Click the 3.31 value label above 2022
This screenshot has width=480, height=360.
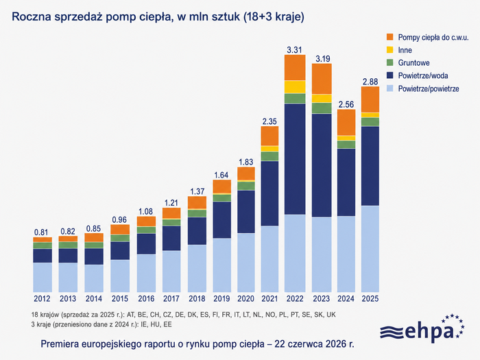[x=294, y=49]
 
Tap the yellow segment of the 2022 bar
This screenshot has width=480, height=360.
[x=295, y=87]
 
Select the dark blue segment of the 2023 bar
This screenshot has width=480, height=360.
[x=322, y=165]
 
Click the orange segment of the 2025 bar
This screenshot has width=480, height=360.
[x=370, y=99]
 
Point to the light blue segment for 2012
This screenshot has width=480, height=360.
[x=43, y=277]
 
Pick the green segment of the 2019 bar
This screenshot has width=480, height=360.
[x=222, y=197]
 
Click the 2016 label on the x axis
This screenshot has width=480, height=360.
[x=146, y=298]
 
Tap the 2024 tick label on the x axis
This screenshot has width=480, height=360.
[x=346, y=298]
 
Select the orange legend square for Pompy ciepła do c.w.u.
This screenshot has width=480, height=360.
[x=389, y=37]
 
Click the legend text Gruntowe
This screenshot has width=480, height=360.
[x=413, y=63]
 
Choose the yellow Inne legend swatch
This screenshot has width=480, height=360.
[x=389, y=49]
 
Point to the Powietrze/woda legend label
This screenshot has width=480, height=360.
[x=423, y=75]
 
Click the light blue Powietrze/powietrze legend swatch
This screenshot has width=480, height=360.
[x=389, y=88]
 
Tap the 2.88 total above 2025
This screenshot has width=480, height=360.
[x=370, y=82]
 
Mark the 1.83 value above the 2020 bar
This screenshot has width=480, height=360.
[x=246, y=162]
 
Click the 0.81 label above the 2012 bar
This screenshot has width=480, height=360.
[x=41, y=232]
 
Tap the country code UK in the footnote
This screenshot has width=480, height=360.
[x=331, y=315]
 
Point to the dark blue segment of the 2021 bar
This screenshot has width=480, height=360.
[x=269, y=193]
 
